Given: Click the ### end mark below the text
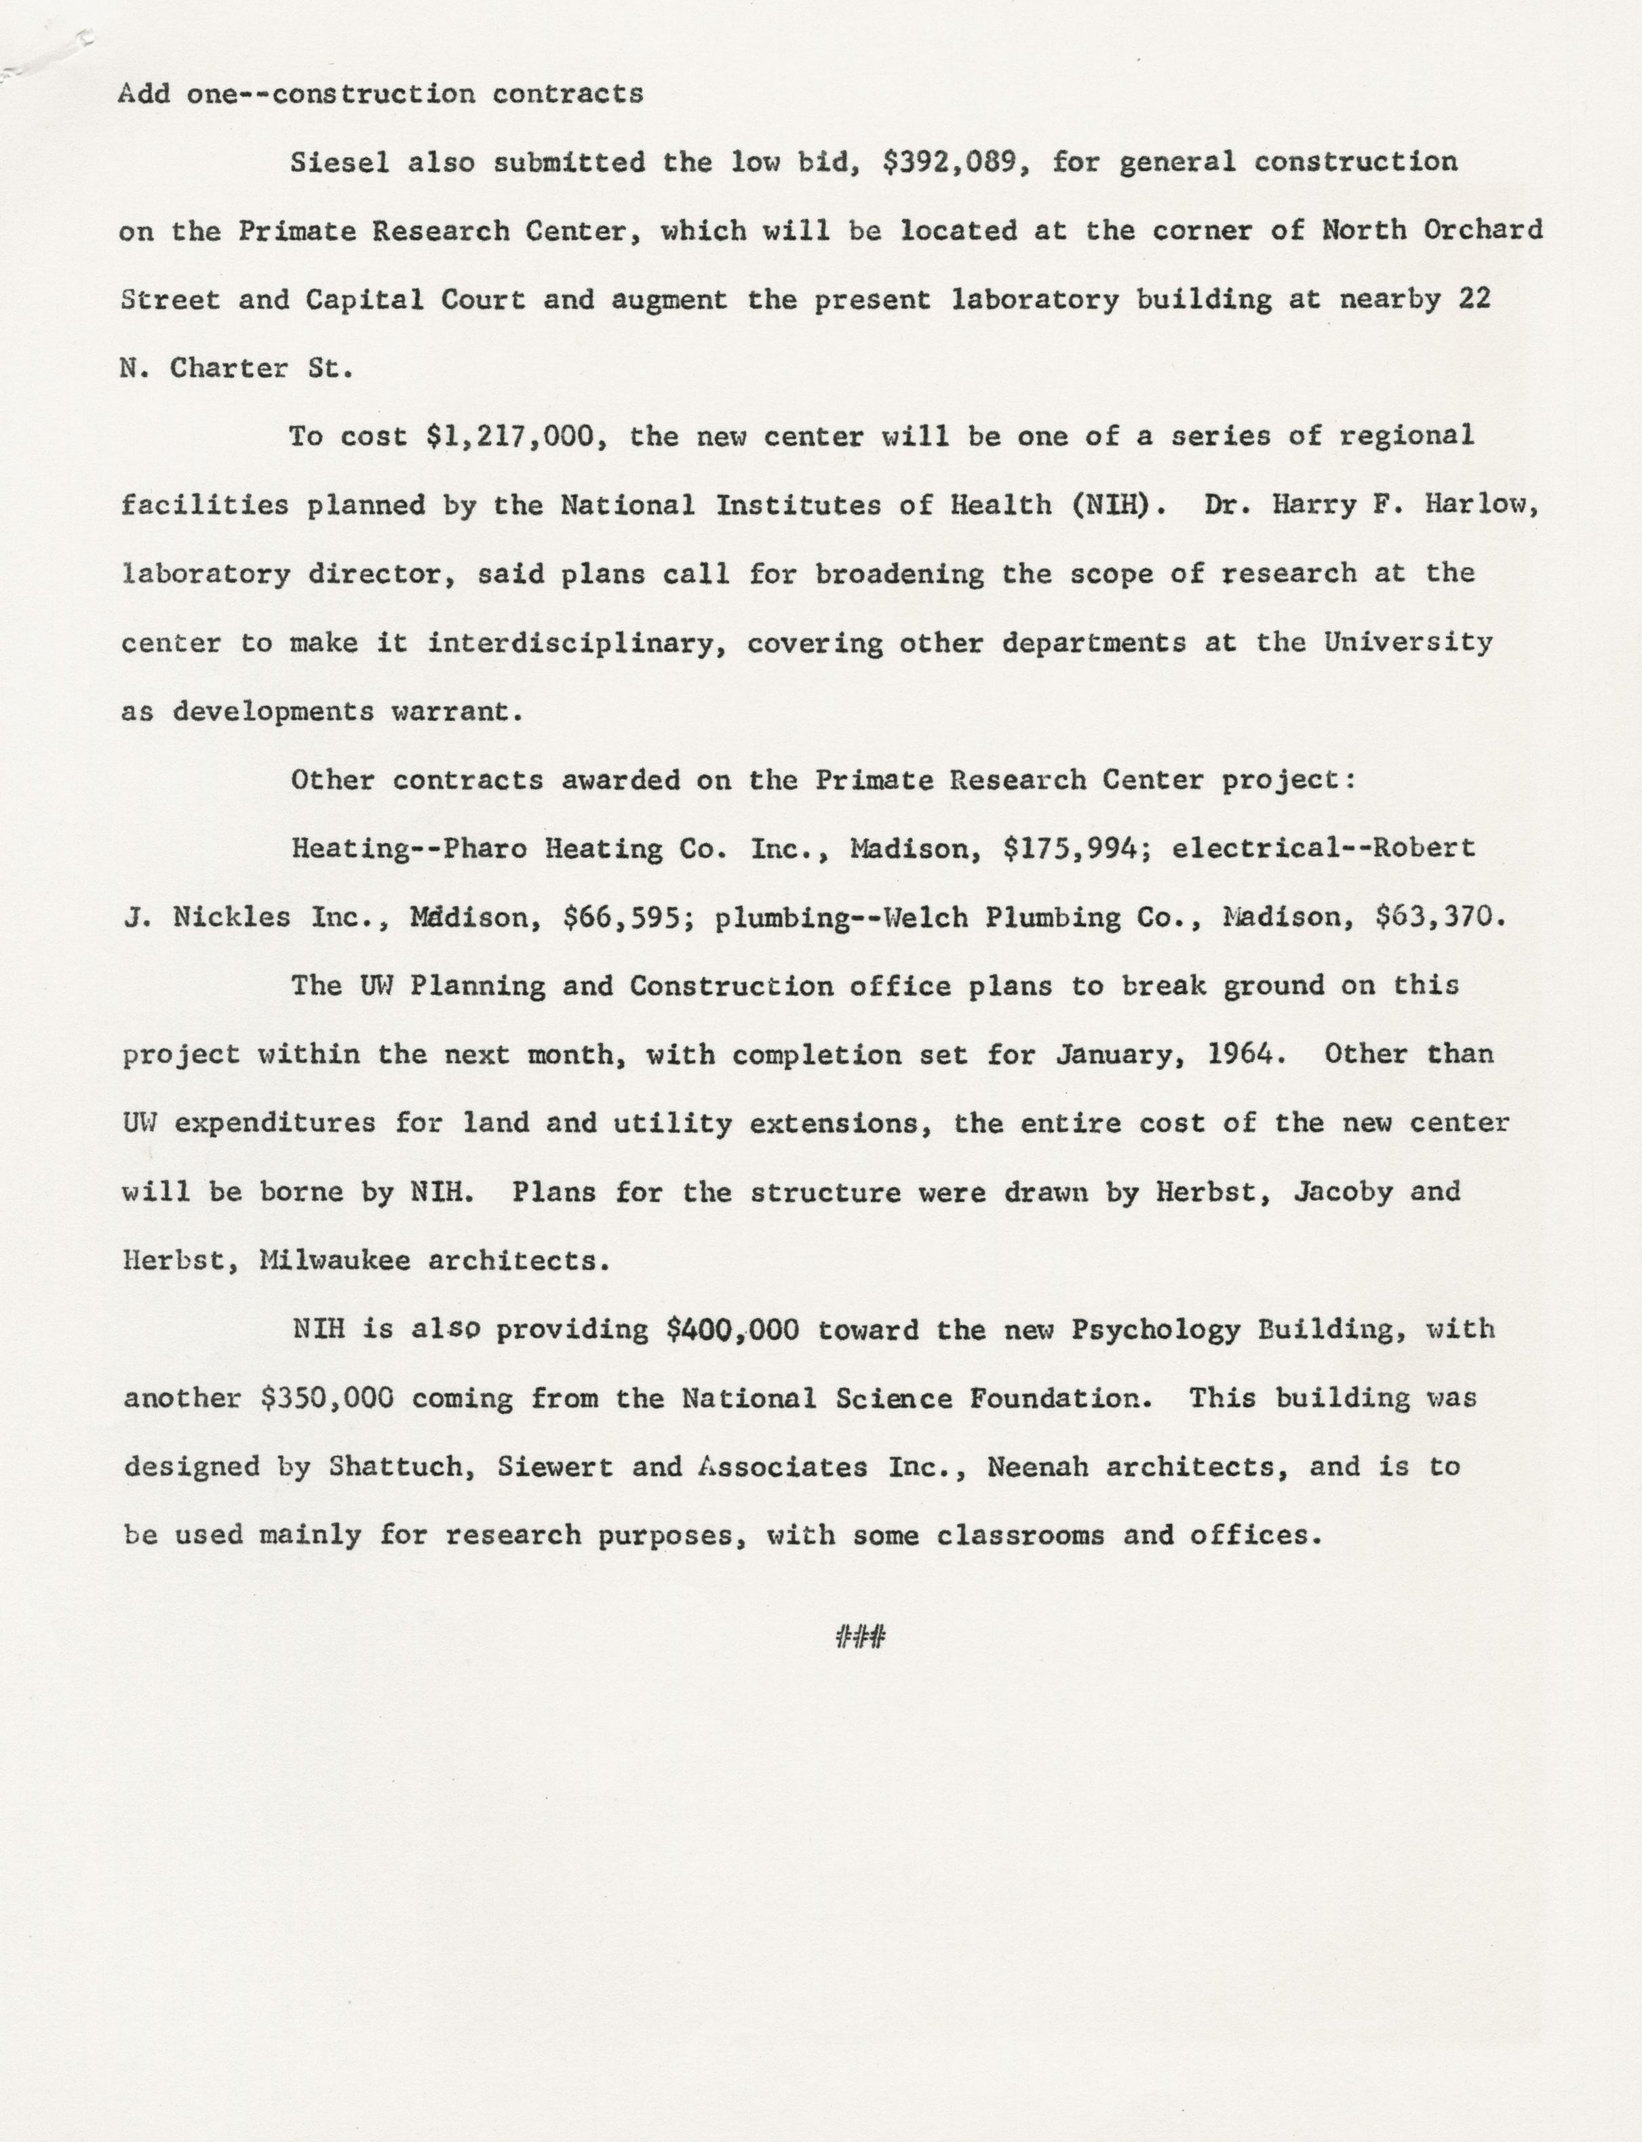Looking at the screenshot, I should pos(860,1637).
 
